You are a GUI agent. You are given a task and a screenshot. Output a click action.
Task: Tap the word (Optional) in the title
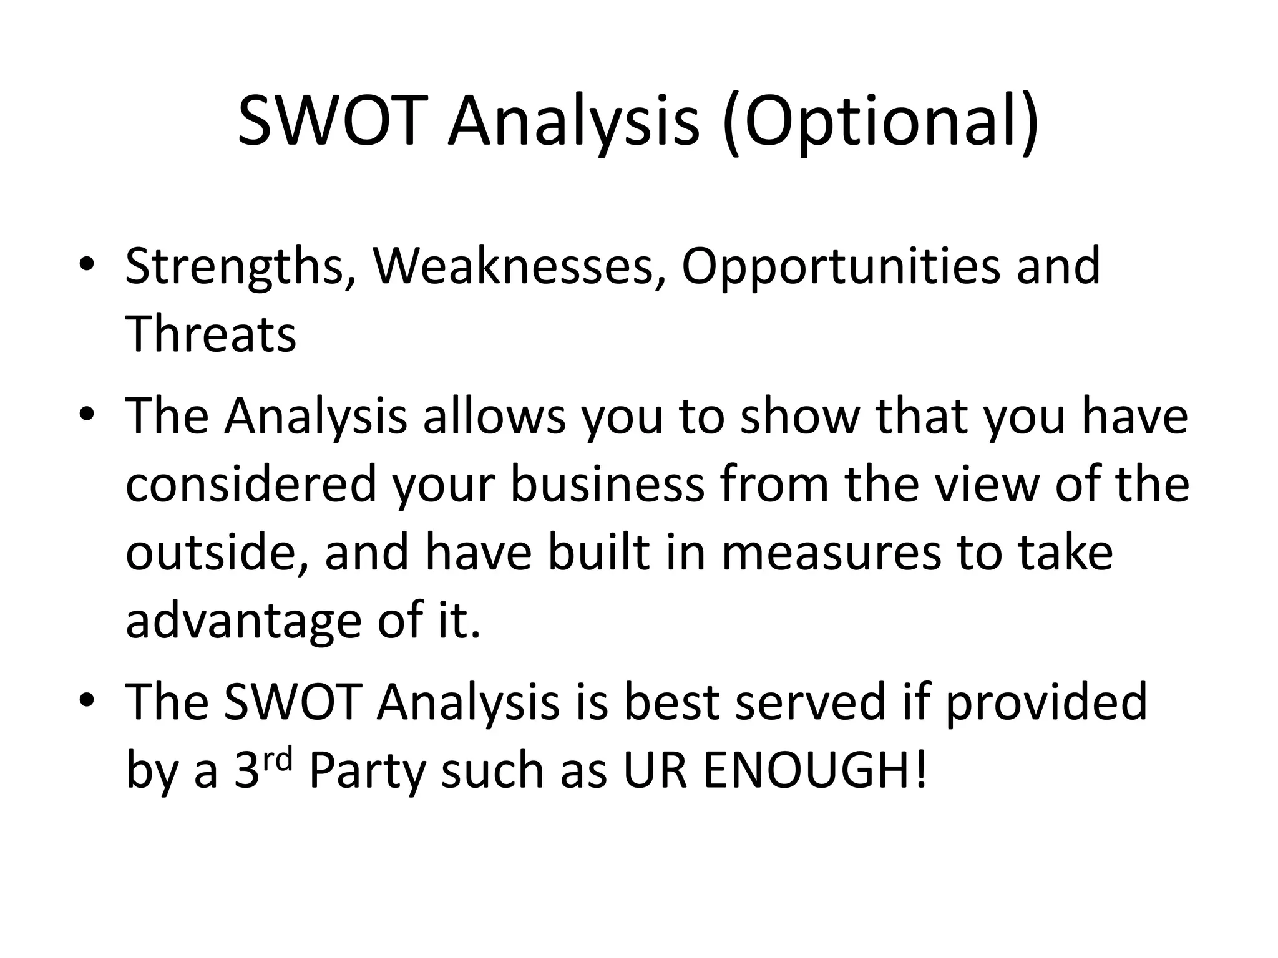pos(880,122)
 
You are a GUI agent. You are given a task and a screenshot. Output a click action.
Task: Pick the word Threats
pos(211,334)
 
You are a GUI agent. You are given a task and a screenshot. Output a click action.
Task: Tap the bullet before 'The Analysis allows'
pos(87,414)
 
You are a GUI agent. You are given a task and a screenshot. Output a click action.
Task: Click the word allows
pos(494,416)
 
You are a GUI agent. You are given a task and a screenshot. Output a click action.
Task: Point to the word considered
pos(251,485)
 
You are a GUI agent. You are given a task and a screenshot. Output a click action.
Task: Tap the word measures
pos(831,553)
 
